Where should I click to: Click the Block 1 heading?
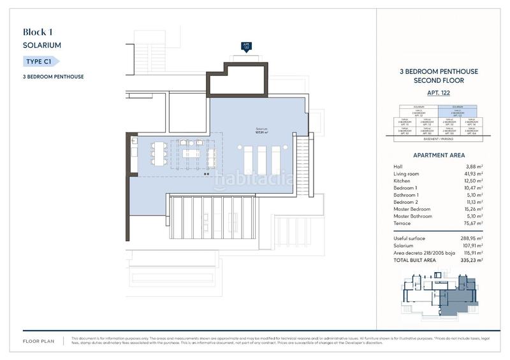pyautogui.click(x=38, y=32)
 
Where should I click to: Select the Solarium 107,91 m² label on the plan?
pyautogui.click(x=261, y=131)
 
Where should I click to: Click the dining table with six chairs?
pyautogui.click(x=160, y=153)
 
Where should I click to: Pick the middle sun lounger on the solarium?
pyautogui.click(x=261, y=157)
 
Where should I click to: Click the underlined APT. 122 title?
pyautogui.click(x=437, y=93)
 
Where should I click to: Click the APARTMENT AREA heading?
pyautogui.click(x=437, y=155)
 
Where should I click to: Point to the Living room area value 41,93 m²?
pyautogui.click(x=473, y=174)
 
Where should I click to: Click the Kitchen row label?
pyautogui.click(x=402, y=181)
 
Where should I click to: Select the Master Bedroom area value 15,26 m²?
pyautogui.click(x=473, y=210)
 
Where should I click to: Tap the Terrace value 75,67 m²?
pyautogui.click(x=473, y=224)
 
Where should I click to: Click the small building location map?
pyautogui.click(x=437, y=295)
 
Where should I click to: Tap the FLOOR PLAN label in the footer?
pyautogui.click(x=39, y=342)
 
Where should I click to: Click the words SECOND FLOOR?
pyautogui.click(x=437, y=81)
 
